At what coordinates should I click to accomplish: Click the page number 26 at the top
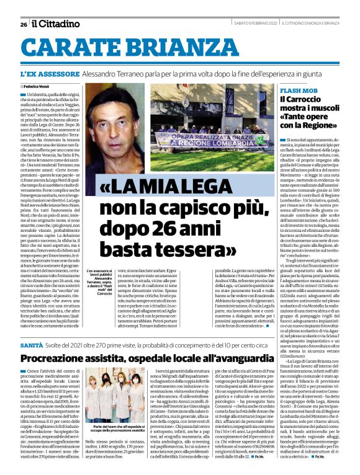(x=24, y=24)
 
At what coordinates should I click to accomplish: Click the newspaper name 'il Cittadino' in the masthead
(x=55, y=24)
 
